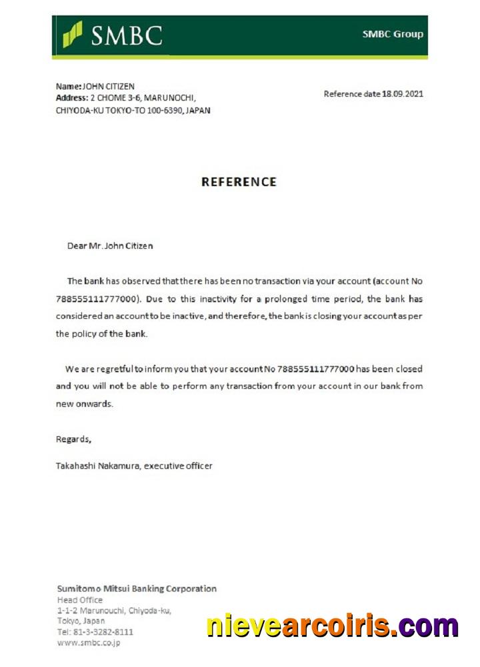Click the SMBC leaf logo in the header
pos(73,34)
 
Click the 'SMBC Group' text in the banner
pos(393,34)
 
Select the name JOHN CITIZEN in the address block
pos(109,86)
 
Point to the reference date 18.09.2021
pos(403,93)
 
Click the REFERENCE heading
pos(239,181)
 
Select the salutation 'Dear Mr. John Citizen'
pos(110,245)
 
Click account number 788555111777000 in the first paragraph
pos(98,299)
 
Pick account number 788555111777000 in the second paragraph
pos(314,368)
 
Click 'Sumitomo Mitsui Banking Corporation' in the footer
pos(137,588)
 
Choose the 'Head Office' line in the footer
pos(80,600)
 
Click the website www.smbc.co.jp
pos(89,643)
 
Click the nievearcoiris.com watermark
pos(332,626)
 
